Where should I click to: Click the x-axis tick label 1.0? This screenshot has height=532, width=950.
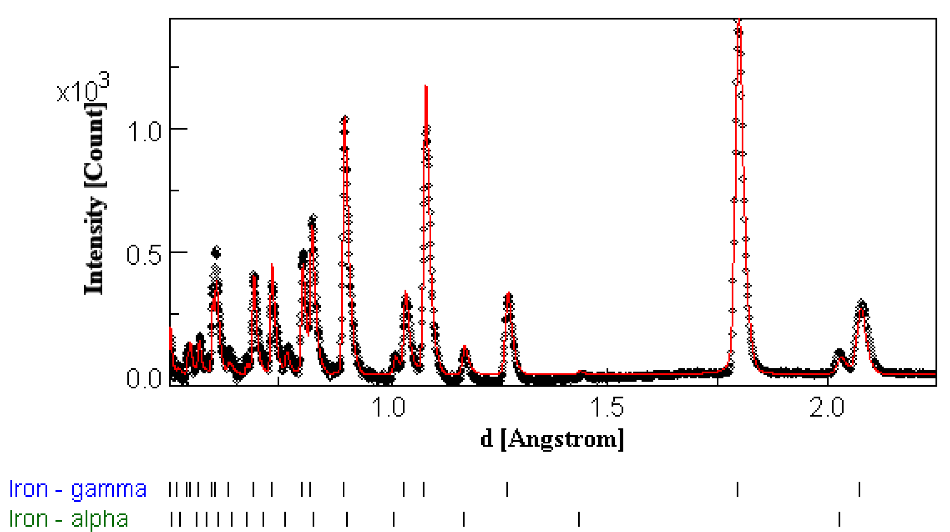[389, 407]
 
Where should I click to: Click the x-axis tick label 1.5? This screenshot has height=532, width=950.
[607, 407]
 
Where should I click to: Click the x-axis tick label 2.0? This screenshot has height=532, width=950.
[827, 407]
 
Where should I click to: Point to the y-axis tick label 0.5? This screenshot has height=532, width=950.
[144, 255]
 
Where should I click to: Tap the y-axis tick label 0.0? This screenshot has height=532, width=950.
[144, 379]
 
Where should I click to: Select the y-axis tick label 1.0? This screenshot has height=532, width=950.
[144, 132]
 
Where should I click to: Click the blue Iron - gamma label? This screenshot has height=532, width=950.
[78, 489]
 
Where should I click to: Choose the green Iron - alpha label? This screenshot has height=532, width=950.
[69, 519]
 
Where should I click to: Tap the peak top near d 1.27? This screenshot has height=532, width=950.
[509, 295]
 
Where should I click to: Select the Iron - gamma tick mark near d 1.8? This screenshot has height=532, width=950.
[738, 489]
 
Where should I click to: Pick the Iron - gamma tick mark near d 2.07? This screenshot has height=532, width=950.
[859, 489]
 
